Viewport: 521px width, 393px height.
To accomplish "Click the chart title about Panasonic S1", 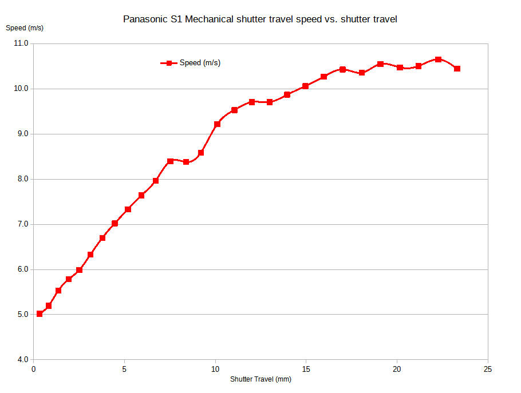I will click(x=260, y=19).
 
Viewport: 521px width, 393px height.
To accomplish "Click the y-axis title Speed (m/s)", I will click(x=25, y=27).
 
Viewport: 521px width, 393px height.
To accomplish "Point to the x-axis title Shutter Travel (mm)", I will click(x=260, y=379).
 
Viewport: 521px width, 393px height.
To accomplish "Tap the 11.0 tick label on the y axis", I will click(x=21, y=43).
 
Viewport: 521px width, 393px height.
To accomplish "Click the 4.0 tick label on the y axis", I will click(x=21, y=360).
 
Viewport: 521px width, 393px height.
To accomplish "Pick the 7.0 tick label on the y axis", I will click(x=21, y=224).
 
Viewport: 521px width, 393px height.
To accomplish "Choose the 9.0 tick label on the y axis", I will click(x=21, y=134).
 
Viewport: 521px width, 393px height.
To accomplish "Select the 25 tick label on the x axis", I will click(x=488, y=369).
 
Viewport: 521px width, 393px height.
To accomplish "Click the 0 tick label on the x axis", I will click(x=34, y=369).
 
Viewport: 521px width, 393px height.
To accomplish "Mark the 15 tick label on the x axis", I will click(x=306, y=369).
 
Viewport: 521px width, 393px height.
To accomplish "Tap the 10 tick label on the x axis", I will click(x=215, y=369).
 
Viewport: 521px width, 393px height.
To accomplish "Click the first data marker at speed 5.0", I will click(x=40, y=313).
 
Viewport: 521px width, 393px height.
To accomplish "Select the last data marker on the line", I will click(x=457, y=69).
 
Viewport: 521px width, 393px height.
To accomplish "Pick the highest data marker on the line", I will click(x=438, y=59).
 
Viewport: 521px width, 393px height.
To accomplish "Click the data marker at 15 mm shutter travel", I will click(x=306, y=86).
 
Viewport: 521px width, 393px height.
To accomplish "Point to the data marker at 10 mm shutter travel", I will click(x=217, y=124).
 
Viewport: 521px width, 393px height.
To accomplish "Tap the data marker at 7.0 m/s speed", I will click(x=115, y=223).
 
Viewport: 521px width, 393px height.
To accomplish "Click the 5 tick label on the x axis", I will click(x=124, y=369).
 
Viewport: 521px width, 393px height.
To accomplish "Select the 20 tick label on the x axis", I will click(x=397, y=369).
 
